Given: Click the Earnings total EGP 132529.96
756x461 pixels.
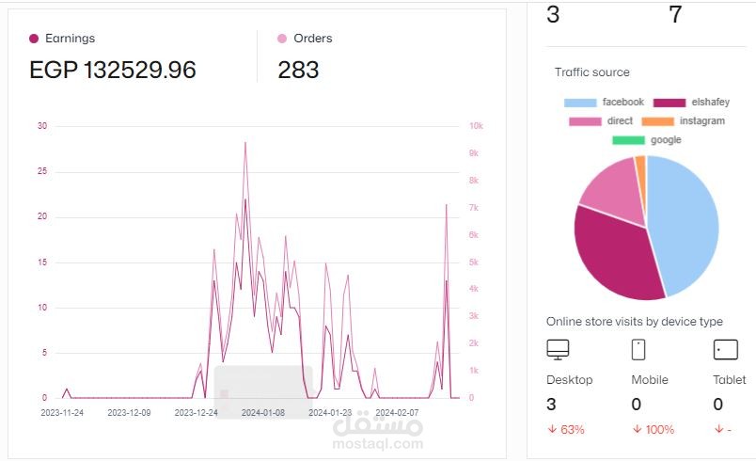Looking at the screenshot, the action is point(112,70).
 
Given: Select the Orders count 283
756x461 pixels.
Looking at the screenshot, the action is point(298,70).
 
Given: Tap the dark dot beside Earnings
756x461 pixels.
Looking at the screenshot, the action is point(34,39).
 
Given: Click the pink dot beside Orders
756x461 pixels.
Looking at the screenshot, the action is point(282,39).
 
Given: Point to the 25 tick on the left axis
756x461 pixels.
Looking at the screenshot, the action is point(42,171).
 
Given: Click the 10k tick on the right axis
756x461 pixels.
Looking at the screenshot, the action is point(476,126).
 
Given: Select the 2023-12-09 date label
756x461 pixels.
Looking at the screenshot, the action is point(129,413).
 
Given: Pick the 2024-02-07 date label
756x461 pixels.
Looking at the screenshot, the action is point(397,413).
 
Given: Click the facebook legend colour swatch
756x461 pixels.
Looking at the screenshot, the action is point(580,103).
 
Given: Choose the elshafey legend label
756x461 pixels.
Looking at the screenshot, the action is point(710,102).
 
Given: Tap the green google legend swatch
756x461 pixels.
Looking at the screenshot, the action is point(628,140).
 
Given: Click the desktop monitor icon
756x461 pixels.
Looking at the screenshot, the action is point(558,350).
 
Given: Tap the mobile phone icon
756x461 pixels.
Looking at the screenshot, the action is point(638,350).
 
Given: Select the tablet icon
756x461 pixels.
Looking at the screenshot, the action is point(726,350).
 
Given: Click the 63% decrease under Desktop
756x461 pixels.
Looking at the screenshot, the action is point(566,429).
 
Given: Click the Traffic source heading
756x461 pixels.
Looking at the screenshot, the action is point(592,72).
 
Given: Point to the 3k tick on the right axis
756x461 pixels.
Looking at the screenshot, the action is point(474,316).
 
